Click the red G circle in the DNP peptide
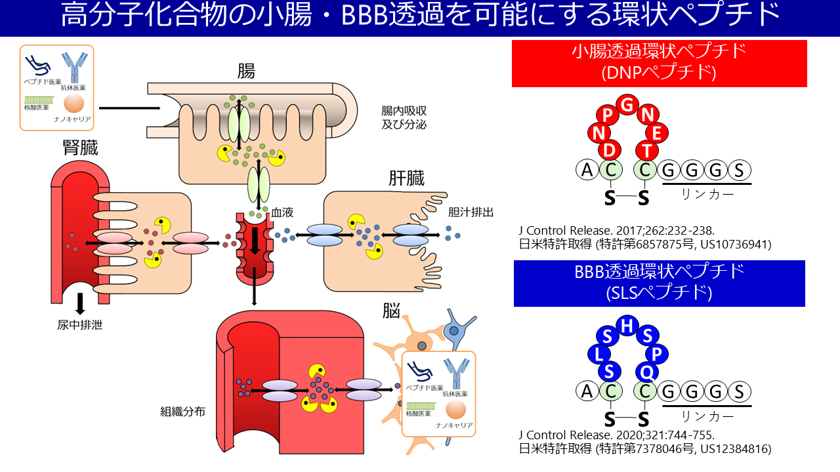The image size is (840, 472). (x=628, y=105)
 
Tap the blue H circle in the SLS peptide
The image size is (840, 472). (x=628, y=325)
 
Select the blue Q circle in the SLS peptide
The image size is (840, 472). (x=646, y=372)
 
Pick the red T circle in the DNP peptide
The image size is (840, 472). (x=646, y=151)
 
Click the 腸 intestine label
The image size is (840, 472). (x=246, y=71)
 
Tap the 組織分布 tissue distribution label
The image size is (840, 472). (x=183, y=412)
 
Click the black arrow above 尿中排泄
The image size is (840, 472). (x=80, y=302)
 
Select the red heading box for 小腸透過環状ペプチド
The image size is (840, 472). (x=659, y=64)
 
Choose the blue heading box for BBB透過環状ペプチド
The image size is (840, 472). (x=659, y=283)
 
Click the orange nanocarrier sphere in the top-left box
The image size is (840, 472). (x=73, y=103)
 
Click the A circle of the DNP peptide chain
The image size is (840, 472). (x=587, y=170)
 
